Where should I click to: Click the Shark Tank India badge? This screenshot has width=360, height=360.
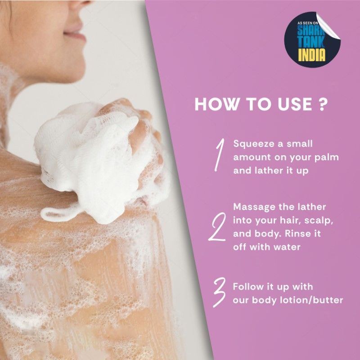(x=312, y=40)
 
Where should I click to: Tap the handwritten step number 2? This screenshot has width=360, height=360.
(x=217, y=227)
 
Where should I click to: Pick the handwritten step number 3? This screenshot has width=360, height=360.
(x=219, y=292)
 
